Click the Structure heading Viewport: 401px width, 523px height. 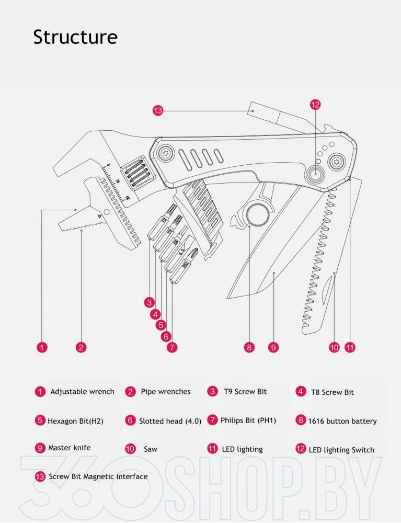75,38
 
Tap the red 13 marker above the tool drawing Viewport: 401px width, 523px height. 158,110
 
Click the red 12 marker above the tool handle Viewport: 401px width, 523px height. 315,105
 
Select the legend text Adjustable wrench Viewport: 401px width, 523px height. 82,392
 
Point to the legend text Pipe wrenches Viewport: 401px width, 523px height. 165,392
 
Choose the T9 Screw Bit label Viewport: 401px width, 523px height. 245,392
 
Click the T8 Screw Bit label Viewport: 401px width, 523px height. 332,392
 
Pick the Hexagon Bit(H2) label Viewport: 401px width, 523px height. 75,421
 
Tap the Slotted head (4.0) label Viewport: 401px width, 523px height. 170,421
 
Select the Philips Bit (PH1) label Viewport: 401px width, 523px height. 248,420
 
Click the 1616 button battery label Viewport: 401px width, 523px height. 342,421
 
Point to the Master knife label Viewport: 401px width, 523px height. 69,448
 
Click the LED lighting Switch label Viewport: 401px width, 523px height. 341,450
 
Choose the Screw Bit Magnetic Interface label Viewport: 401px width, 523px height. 98,476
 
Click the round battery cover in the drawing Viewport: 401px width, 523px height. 257,214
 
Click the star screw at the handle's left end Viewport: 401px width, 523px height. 165,152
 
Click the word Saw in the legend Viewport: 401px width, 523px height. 150,449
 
